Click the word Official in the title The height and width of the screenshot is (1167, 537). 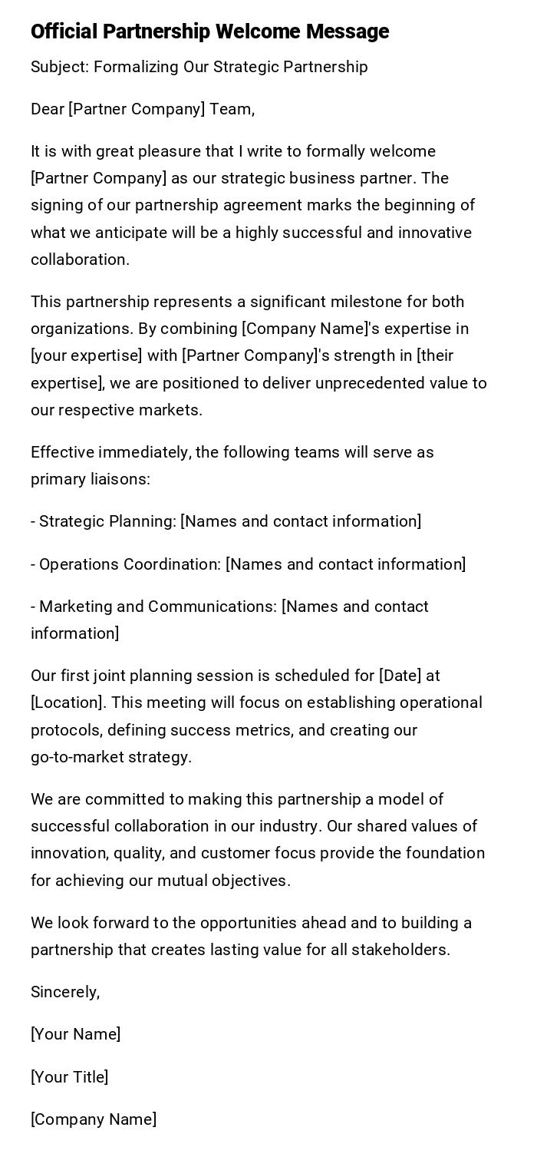point(64,31)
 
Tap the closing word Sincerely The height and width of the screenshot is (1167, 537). point(64,992)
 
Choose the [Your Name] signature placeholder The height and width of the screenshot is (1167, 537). point(75,1034)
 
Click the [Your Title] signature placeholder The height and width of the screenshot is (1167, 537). point(69,1077)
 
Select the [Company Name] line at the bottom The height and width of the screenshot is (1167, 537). point(94,1119)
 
